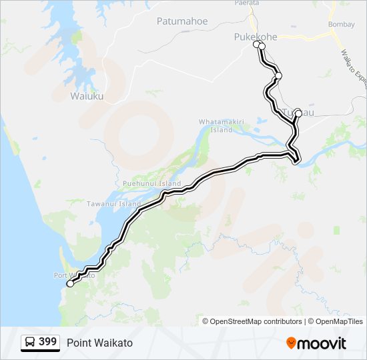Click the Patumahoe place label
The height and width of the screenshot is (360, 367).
(x=182, y=21)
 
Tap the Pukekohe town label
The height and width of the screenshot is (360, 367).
(x=254, y=37)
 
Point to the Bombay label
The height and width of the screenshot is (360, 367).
(x=341, y=25)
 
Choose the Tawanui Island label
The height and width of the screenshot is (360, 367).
(x=113, y=204)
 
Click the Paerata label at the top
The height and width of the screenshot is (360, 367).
(x=246, y=3)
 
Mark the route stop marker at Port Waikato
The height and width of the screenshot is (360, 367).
(x=70, y=283)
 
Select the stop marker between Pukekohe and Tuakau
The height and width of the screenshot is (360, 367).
(x=278, y=76)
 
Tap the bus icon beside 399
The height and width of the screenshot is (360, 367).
(x=30, y=342)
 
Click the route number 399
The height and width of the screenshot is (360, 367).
(x=47, y=342)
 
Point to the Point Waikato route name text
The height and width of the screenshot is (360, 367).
(x=99, y=343)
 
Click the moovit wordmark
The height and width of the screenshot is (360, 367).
(x=322, y=343)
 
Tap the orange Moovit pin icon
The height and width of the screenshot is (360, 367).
(x=291, y=343)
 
